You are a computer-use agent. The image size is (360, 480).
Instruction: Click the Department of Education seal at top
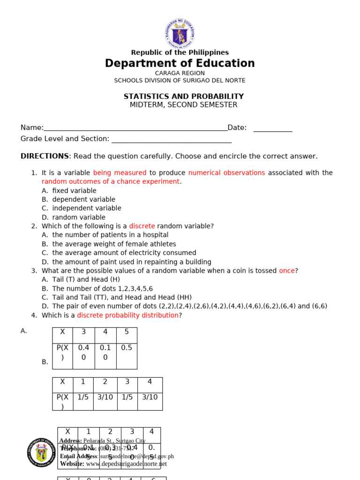(180, 33)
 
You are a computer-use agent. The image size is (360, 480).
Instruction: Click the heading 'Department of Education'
(180, 63)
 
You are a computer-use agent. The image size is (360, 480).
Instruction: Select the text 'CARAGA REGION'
(180, 73)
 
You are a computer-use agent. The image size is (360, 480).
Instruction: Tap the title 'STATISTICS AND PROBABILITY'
(184, 96)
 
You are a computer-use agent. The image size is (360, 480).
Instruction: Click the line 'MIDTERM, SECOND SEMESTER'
(184, 105)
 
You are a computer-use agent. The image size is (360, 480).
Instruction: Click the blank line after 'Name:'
(135, 128)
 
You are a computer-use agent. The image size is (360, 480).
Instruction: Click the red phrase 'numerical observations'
(226, 172)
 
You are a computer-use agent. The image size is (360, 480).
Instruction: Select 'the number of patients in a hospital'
(110, 235)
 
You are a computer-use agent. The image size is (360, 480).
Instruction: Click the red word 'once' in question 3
(287, 270)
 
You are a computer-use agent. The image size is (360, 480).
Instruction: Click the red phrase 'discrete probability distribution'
(127, 315)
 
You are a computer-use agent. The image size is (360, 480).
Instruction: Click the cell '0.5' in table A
(127, 347)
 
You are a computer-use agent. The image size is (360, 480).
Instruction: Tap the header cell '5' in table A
(127, 332)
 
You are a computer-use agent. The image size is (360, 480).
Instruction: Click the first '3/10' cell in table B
(105, 397)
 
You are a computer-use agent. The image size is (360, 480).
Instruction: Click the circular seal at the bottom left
(41, 452)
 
